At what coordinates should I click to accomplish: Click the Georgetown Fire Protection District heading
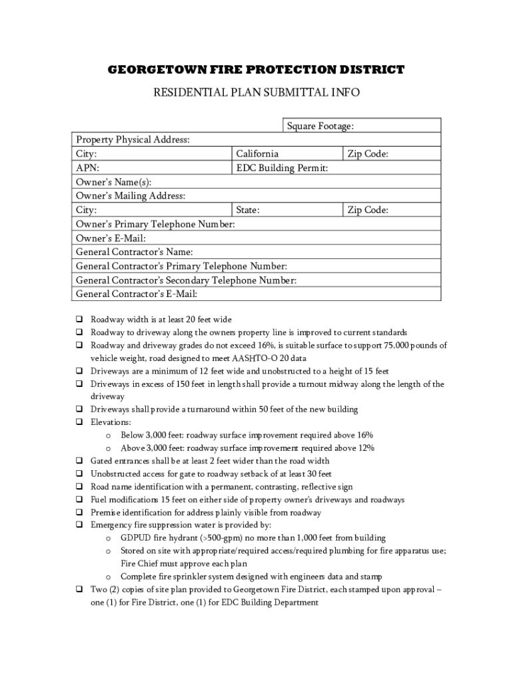click(x=256, y=70)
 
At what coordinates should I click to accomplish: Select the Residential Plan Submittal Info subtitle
click(x=256, y=93)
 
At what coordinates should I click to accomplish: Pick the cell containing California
click(x=287, y=154)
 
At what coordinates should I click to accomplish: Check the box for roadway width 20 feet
click(x=78, y=319)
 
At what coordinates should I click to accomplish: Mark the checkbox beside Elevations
click(x=78, y=422)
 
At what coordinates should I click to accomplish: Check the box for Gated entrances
click(x=78, y=461)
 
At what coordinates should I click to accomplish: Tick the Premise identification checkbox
click(x=78, y=512)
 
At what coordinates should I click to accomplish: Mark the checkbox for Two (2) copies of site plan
click(x=78, y=589)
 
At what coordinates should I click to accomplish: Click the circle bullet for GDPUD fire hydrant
click(x=109, y=538)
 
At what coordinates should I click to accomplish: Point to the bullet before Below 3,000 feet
click(x=109, y=435)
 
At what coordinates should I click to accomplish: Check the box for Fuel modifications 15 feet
click(x=78, y=500)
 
